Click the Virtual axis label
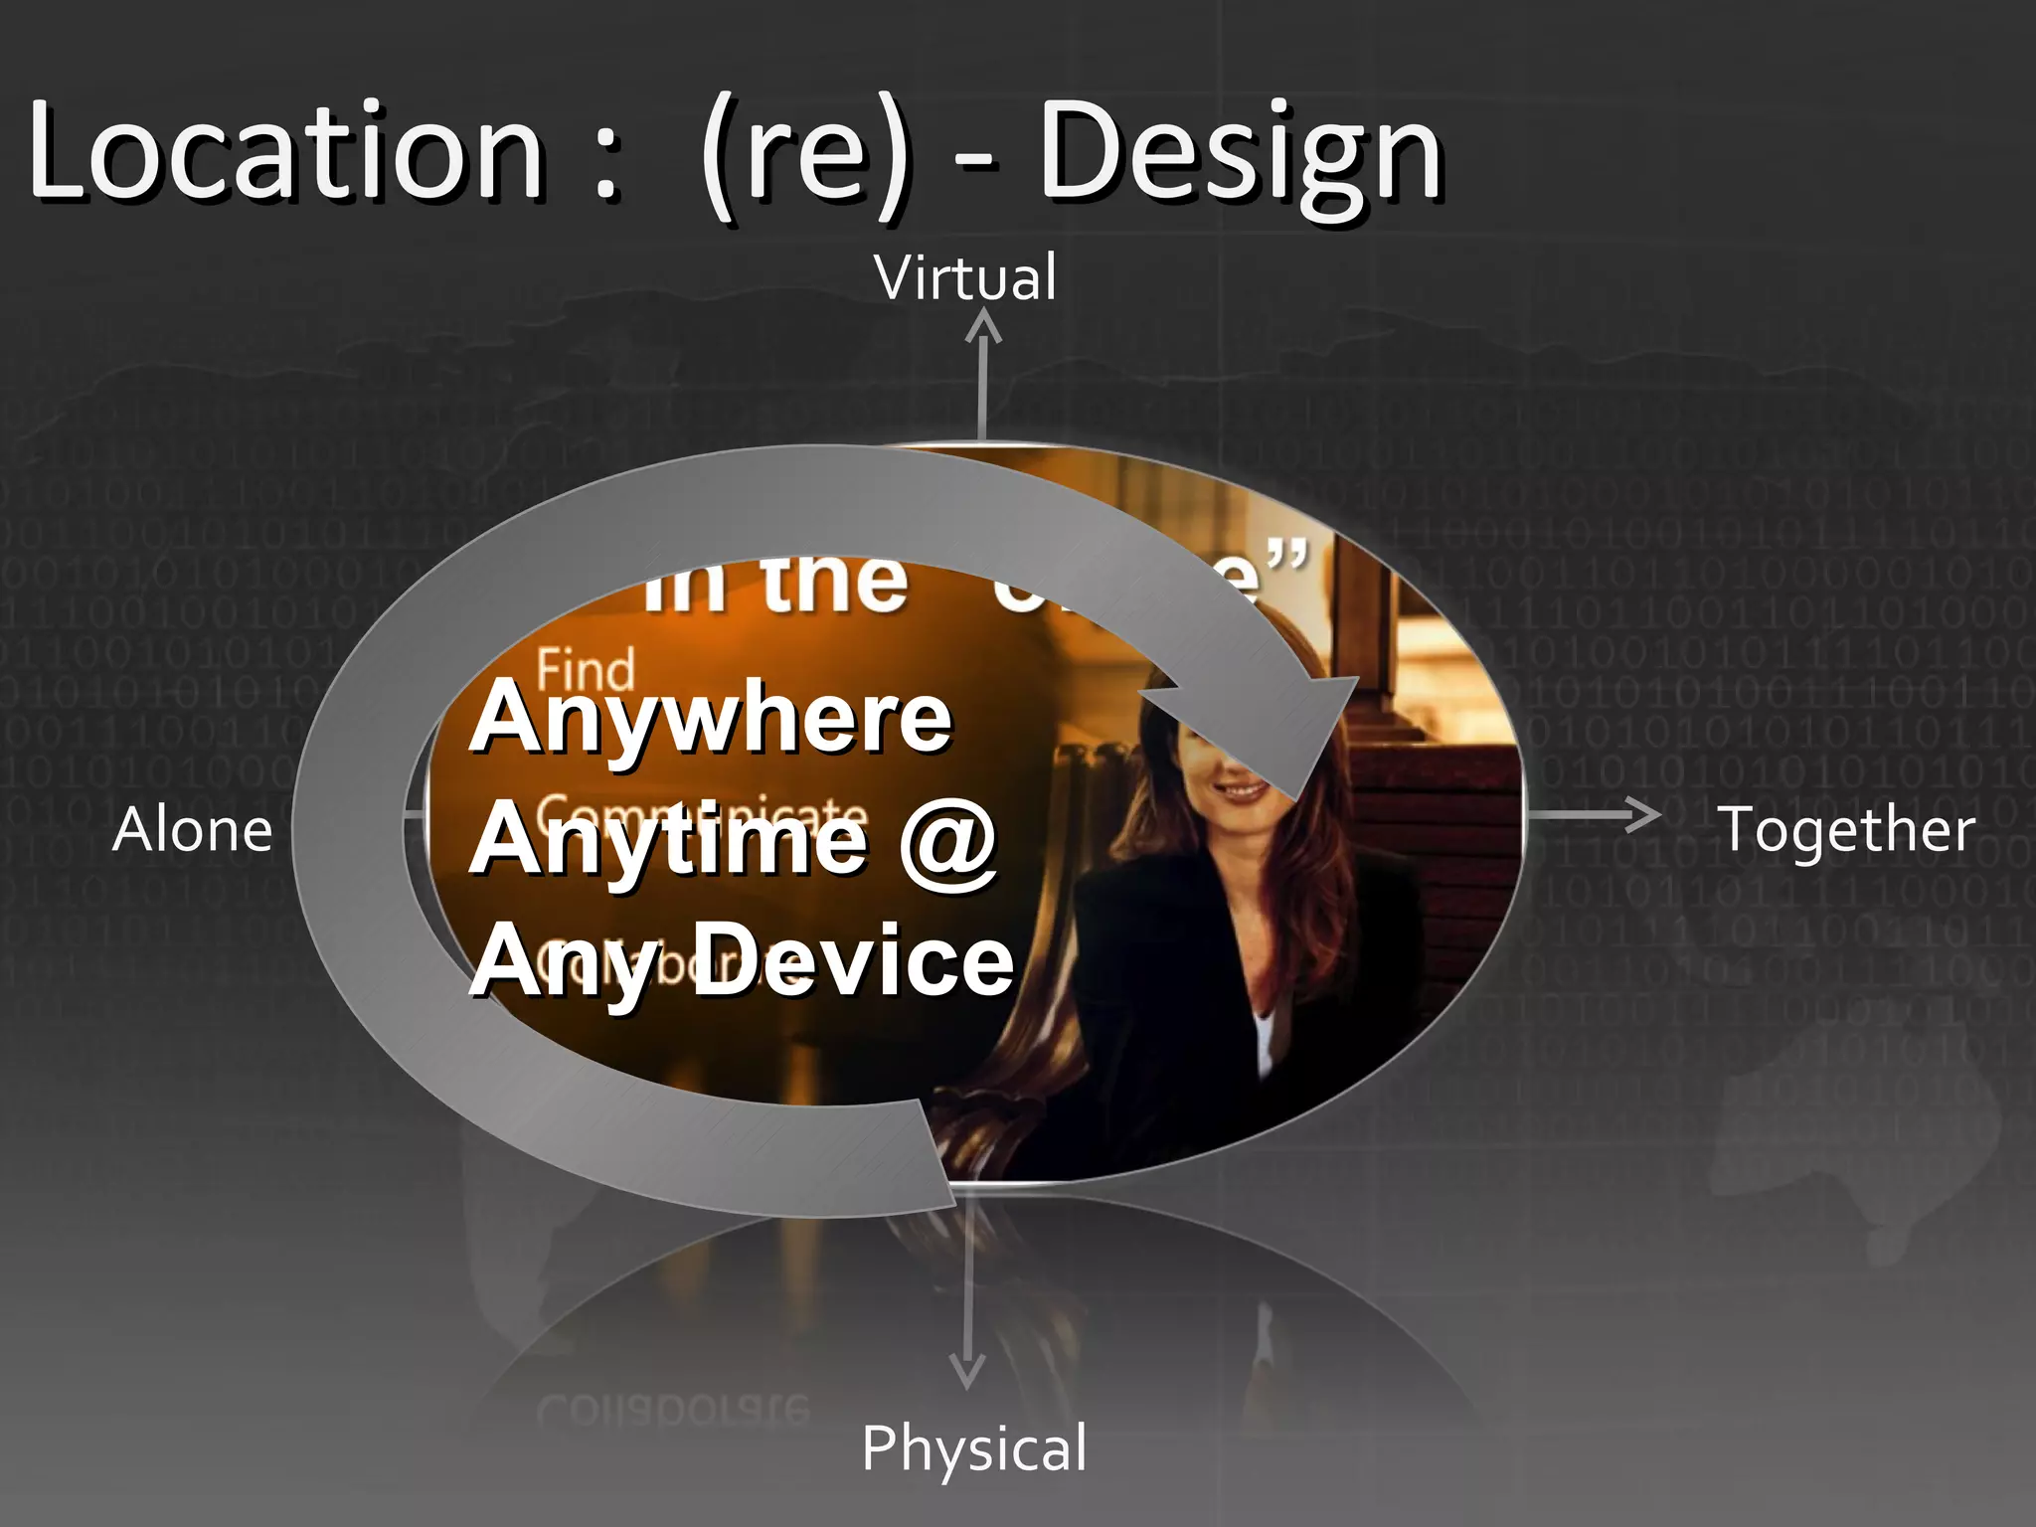965,277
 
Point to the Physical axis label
974,1447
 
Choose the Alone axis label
192,830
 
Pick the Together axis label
1847,830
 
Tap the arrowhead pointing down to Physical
966,1372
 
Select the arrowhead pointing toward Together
1645,815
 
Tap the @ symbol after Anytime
948,840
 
